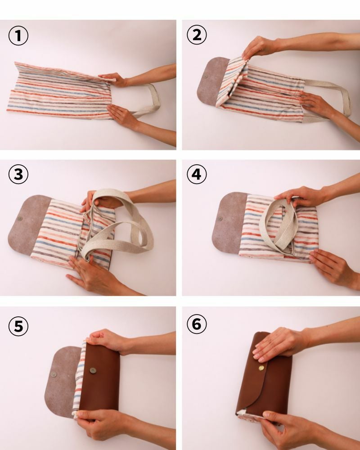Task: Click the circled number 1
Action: [18, 36]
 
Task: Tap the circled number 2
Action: [197, 35]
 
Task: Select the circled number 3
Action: [18, 174]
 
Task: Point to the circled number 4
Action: [197, 174]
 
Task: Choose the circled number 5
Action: [18, 326]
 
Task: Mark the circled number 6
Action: [197, 324]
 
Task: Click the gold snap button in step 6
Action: [261, 368]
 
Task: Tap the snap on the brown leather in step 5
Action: [93, 370]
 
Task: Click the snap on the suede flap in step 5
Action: [54, 374]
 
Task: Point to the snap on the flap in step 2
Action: [205, 76]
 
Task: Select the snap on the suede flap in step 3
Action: [20, 219]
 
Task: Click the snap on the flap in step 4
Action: [220, 219]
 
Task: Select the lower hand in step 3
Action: [92, 275]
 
